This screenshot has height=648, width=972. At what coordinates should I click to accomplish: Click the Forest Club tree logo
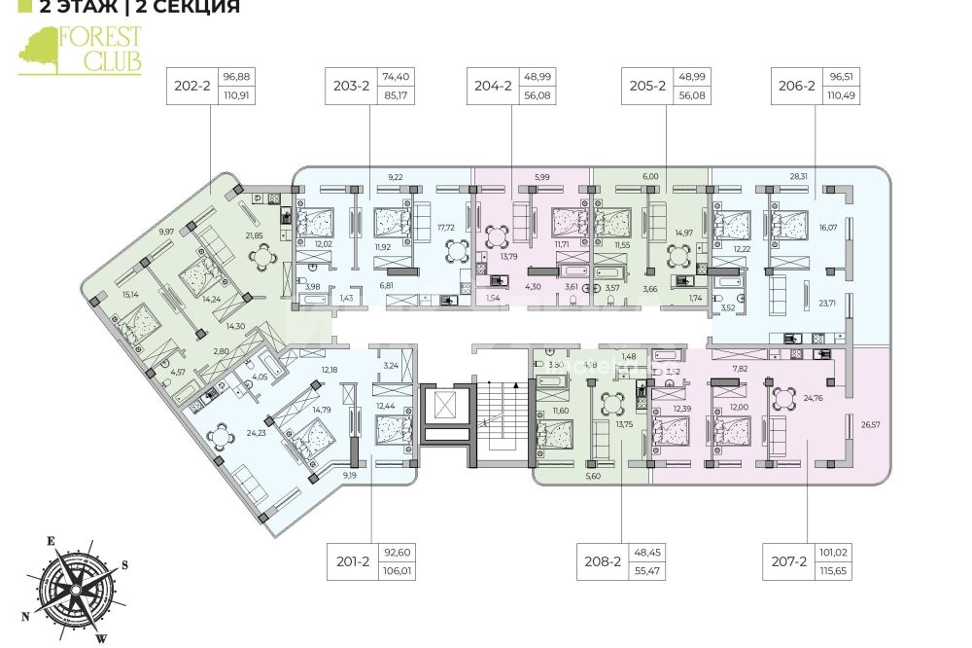39,51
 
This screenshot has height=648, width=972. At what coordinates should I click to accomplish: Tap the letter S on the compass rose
125,564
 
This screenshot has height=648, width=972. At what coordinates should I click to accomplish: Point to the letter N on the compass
26,616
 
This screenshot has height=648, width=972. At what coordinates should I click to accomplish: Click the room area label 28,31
798,177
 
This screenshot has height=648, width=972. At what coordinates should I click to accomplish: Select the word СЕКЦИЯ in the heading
194,8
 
